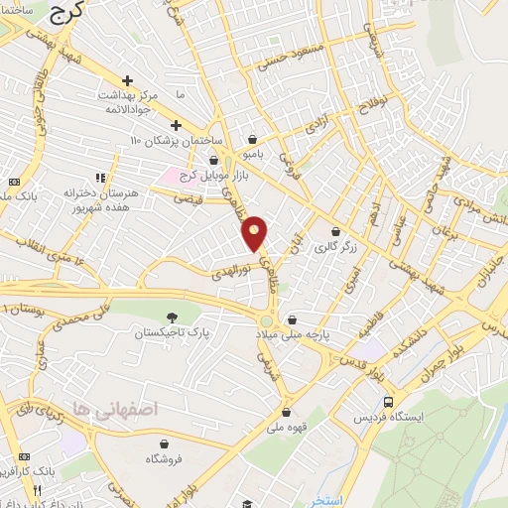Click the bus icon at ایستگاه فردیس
388,402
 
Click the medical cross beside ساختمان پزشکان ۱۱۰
176,125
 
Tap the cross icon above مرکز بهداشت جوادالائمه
127,80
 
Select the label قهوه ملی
286,429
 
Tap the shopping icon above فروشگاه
163,444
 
